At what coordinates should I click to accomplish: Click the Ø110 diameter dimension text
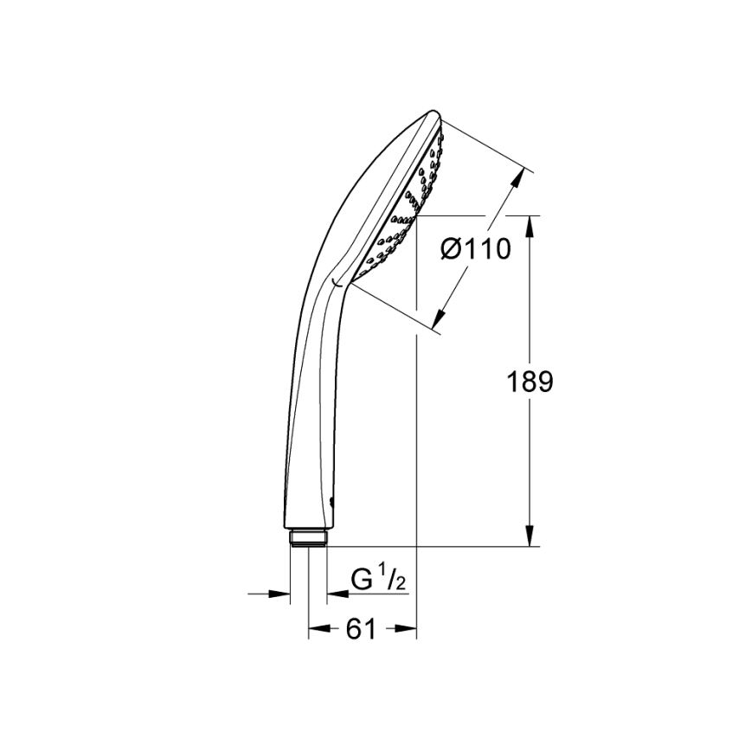475,249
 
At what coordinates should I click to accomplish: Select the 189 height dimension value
529,382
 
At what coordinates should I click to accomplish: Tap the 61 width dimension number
361,630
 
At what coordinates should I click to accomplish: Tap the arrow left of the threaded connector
280,594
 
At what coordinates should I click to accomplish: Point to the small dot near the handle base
333,502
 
